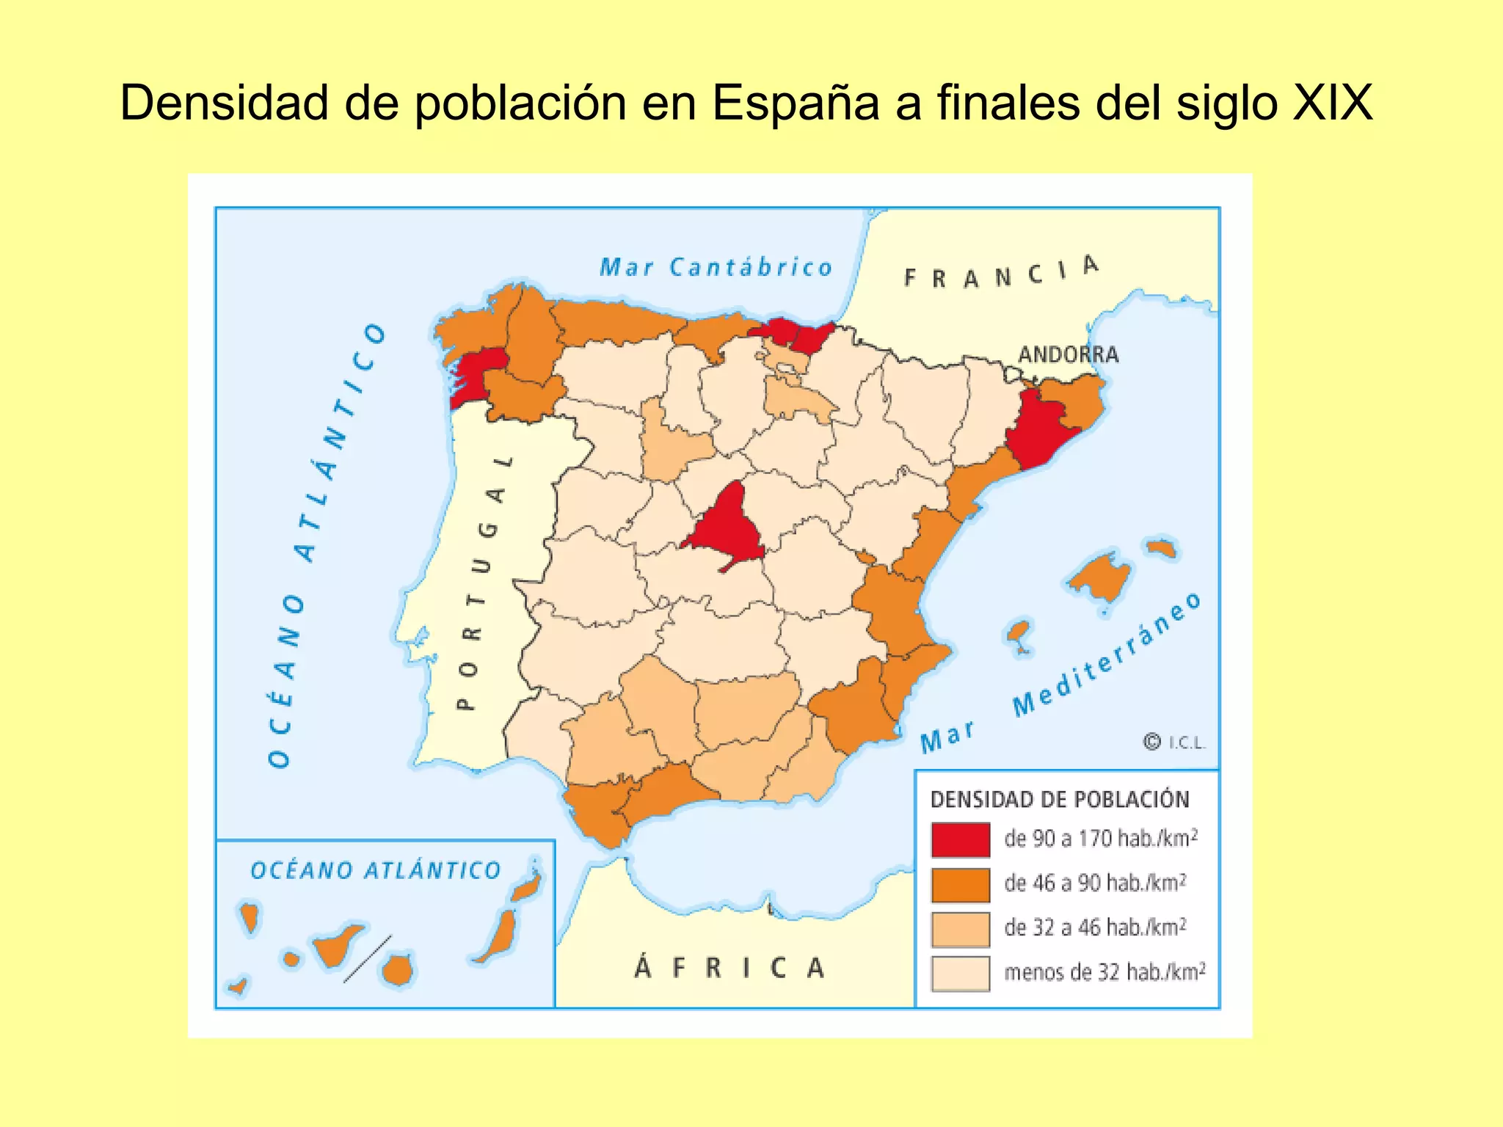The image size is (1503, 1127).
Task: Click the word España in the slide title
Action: pyautogui.click(x=795, y=103)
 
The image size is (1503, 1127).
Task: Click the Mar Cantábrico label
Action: pyautogui.click(x=716, y=268)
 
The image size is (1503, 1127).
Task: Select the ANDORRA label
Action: pyautogui.click(x=1068, y=355)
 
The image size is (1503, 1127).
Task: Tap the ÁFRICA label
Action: pyautogui.click(x=729, y=969)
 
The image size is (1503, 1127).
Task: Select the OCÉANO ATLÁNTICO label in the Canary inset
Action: pyautogui.click(x=375, y=871)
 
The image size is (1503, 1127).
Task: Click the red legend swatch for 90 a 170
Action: pyautogui.click(x=961, y=839)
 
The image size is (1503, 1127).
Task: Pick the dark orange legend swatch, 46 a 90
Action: pyautogui.click(x=961, y=884)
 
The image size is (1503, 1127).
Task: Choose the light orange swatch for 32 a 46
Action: pyautogui.click(x=961, y=929)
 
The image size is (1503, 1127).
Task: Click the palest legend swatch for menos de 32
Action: pyautogui.click(x=961, y=974)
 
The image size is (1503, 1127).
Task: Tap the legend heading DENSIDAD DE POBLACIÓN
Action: pyautogui.click(x=1060, y=800)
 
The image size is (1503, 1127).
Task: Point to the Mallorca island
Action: pyautogui.click(x=1101, y=577)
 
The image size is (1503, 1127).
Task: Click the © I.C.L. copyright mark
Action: pyautogui.click(x=1174, y=743)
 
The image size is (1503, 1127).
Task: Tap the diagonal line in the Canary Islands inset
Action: pyautogui.click(x=367, y=959)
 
